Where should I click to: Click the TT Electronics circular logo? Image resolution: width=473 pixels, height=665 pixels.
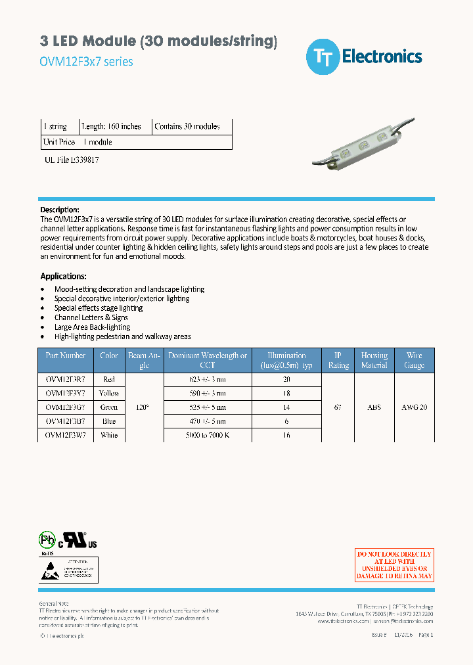tap(323, 57)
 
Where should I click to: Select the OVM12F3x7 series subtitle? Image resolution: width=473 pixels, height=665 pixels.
tap(87, 62)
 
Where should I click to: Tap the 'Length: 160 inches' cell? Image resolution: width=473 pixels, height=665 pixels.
tap(111, 126)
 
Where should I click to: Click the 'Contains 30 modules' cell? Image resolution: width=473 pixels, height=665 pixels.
tap(187, 126)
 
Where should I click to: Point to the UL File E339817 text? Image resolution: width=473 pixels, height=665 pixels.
tap(72, 160)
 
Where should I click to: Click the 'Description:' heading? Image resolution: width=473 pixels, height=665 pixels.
tap(60, 210)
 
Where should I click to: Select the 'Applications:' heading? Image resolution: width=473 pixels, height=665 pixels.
tap(63, 276)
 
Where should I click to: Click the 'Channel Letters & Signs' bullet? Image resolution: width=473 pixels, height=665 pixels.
tap(91, 317)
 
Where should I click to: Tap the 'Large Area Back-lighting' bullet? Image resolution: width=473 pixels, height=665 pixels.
tap(92, 327)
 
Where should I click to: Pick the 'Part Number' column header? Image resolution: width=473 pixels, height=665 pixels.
tap(66, 355)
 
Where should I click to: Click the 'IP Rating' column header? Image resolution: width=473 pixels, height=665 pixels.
tap(338, 360)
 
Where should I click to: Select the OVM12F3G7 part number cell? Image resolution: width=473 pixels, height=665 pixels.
tap(66, 407)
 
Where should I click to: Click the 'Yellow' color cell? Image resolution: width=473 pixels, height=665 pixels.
tap(109, 393)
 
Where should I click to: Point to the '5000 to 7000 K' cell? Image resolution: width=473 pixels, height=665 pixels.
tap(207, 435)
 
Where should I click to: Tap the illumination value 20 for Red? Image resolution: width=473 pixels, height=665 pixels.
tap(286, 379)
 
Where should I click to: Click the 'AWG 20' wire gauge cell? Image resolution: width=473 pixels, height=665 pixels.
tap(414, 407)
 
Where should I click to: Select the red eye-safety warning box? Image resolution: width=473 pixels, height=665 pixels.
tap(394, 565)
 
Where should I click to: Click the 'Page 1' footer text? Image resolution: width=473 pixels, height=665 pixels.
tap(426, 635)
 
